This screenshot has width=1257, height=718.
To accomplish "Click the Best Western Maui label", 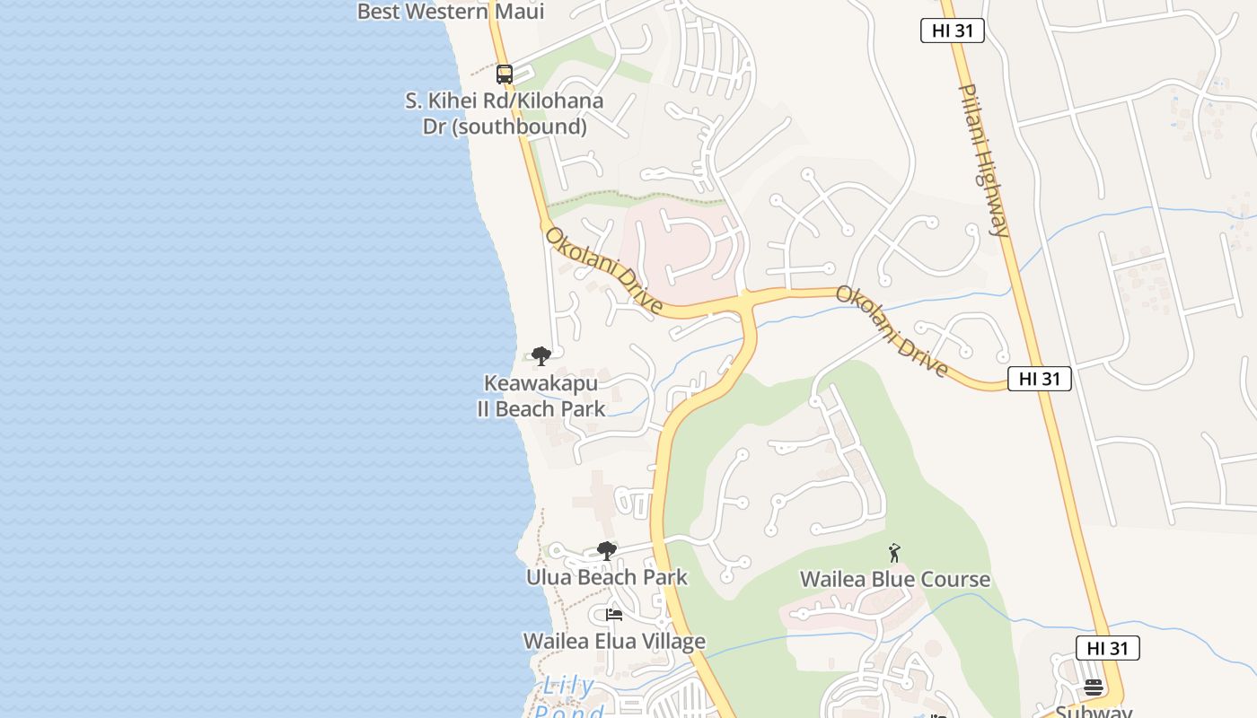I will coord(451,12).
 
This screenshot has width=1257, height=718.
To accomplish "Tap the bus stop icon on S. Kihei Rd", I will coord(505,74).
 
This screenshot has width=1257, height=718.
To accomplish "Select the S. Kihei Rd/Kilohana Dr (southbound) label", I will coord(505,114).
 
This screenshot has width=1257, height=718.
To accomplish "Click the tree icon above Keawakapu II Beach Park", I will coord(541,356).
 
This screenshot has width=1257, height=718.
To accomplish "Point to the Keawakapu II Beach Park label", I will coord(541,396).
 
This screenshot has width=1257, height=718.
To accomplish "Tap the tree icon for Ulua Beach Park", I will coord(607,550).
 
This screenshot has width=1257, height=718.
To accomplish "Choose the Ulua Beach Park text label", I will coord(607,577).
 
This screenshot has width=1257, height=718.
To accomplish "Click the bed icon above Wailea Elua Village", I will coord(614,615).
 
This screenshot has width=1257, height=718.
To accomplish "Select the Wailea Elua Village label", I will coord(614,642).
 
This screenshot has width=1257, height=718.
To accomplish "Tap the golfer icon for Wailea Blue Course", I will coord(894,553).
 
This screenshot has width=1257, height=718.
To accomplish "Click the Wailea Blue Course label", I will coord(895,580).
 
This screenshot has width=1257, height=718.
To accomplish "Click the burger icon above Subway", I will coord(1094,688).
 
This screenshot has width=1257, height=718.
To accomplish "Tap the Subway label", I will coord(1094,712).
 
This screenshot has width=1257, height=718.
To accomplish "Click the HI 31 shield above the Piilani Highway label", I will coord(953,31).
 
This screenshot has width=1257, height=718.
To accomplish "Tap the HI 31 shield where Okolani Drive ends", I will coord(1040,379).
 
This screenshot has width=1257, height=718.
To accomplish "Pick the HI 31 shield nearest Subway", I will coord(1108,648).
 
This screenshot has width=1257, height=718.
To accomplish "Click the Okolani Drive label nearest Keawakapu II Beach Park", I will coord(604,270).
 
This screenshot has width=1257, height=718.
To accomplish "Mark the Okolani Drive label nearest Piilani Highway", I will coord(892,331).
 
